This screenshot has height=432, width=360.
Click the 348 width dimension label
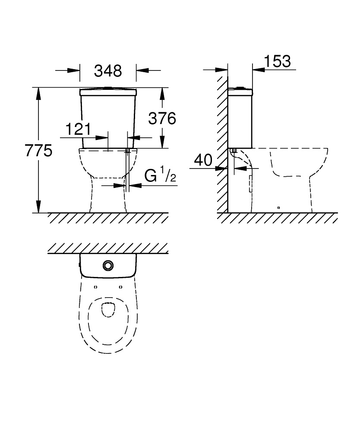pos(108,70)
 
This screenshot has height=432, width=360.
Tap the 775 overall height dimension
pos(38,150)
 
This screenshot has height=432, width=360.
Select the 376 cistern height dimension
pos(162,118)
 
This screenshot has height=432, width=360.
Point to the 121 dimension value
pos(78,129)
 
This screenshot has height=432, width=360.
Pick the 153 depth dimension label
pos(277,61)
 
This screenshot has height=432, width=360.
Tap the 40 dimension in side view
pos(203,160)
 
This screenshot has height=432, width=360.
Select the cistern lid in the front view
pos(108,92)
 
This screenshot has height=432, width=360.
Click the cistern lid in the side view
pos(240,91)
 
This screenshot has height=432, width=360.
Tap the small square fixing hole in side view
pos(278,208)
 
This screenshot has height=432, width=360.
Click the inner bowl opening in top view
pos(107,310)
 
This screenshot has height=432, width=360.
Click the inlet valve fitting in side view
pos(234,151)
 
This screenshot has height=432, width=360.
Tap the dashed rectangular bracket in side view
pos(250,184)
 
